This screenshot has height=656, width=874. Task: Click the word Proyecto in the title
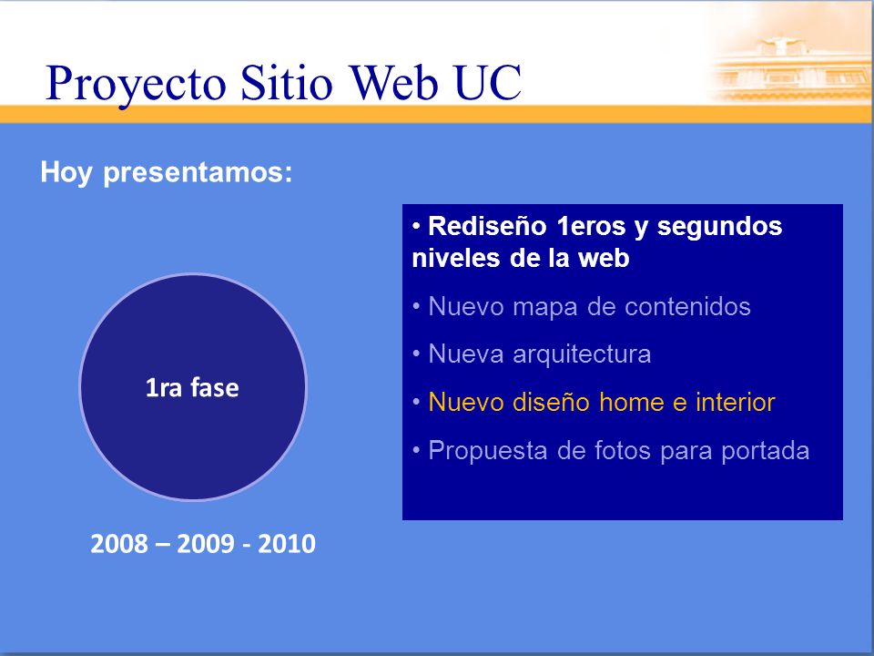tap(136, 85)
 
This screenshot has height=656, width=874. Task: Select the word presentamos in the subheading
tap(198, 172)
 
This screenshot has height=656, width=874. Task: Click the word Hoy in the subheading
tap(66, 172)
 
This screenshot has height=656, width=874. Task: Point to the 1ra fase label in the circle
tap(192, 388)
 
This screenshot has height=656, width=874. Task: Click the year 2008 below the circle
tap(119, 543)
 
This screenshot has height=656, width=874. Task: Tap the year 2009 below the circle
tap(206, 543)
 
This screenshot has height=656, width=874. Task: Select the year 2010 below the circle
tap(287, 543)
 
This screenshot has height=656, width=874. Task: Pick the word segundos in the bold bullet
tap(719, 228)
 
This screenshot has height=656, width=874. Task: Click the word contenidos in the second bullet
tap(687, 306)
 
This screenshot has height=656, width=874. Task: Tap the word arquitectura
tap(582, 354)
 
